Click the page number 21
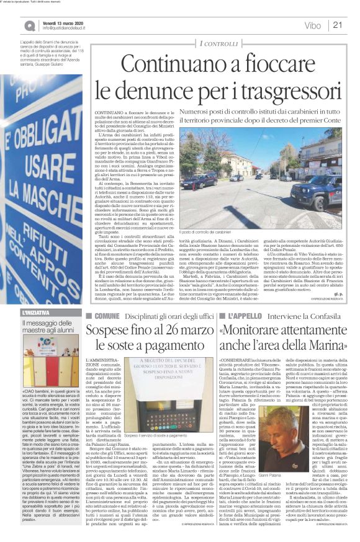tap(338, 25)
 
